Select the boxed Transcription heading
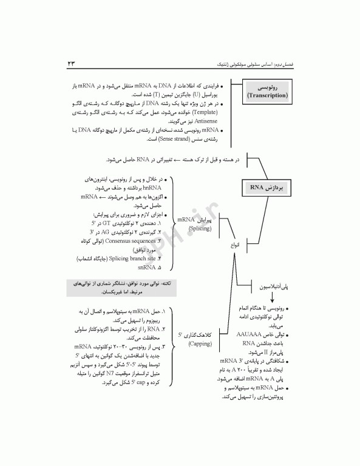pos(268,92)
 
